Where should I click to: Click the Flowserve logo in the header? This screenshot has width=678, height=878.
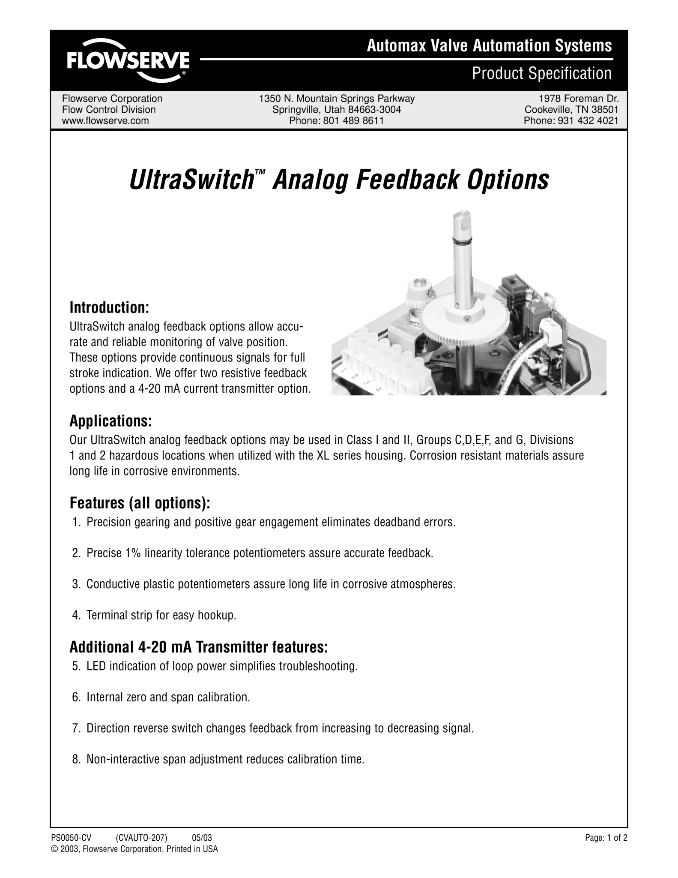[128, 60]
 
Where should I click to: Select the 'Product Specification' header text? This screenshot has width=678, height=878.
[542, 73]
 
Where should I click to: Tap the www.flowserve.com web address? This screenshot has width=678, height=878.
[105, 121]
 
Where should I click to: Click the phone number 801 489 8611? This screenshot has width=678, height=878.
[353, 121]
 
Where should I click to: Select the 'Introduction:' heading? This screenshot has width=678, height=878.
[109, 307]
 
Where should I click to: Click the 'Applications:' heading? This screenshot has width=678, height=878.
[111, 421]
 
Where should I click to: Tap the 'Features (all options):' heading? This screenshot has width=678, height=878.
[140, 502]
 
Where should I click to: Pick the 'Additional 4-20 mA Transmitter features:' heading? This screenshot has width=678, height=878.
[199, 646]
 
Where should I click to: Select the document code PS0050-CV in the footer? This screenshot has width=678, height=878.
[71, 838]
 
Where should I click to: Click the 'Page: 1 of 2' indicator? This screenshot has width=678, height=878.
[606, 838]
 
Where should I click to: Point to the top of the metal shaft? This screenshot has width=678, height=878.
[465, 213]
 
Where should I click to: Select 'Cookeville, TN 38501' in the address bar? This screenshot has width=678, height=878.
[572, 110]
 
